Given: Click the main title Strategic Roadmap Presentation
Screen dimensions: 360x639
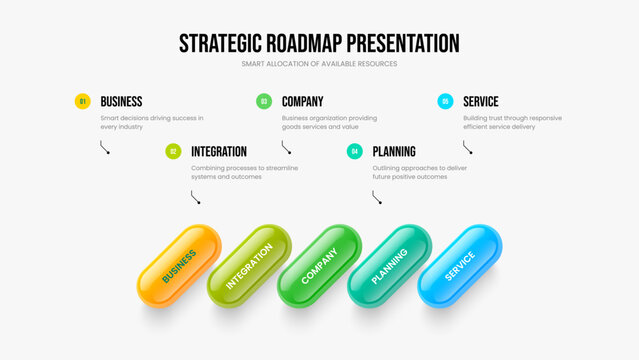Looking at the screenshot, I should click(319, 43).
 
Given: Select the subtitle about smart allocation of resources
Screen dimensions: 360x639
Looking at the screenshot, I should click(319, 64).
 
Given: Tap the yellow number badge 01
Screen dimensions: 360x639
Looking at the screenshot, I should click(83, 101).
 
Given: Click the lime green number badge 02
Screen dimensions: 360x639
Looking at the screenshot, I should click(173, 151).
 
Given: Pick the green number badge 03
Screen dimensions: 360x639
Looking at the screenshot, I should click(264, 101).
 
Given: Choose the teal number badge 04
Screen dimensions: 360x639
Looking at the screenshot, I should click(354, 151).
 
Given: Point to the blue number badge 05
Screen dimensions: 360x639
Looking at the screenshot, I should click(445, 101).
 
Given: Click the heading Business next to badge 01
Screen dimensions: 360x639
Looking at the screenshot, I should click(121, 101).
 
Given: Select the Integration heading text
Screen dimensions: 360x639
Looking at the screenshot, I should click(219, 151).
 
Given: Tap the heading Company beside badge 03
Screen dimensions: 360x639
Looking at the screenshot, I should click(302, 101).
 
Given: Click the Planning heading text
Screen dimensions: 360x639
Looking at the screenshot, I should click(394, 151).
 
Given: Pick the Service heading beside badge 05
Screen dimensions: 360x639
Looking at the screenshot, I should click(481, 101).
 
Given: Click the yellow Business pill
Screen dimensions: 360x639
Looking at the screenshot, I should click(178, 266).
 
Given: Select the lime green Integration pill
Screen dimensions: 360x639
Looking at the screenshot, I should click(249, 266).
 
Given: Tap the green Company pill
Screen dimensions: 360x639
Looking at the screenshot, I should click(319, 266).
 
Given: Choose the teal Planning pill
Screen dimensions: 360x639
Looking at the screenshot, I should click(389, 266).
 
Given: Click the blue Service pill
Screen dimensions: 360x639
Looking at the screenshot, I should click(459, 266).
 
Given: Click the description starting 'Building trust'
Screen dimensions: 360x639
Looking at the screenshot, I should click(512, 122).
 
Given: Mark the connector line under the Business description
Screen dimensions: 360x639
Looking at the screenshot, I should click(105, 147).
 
